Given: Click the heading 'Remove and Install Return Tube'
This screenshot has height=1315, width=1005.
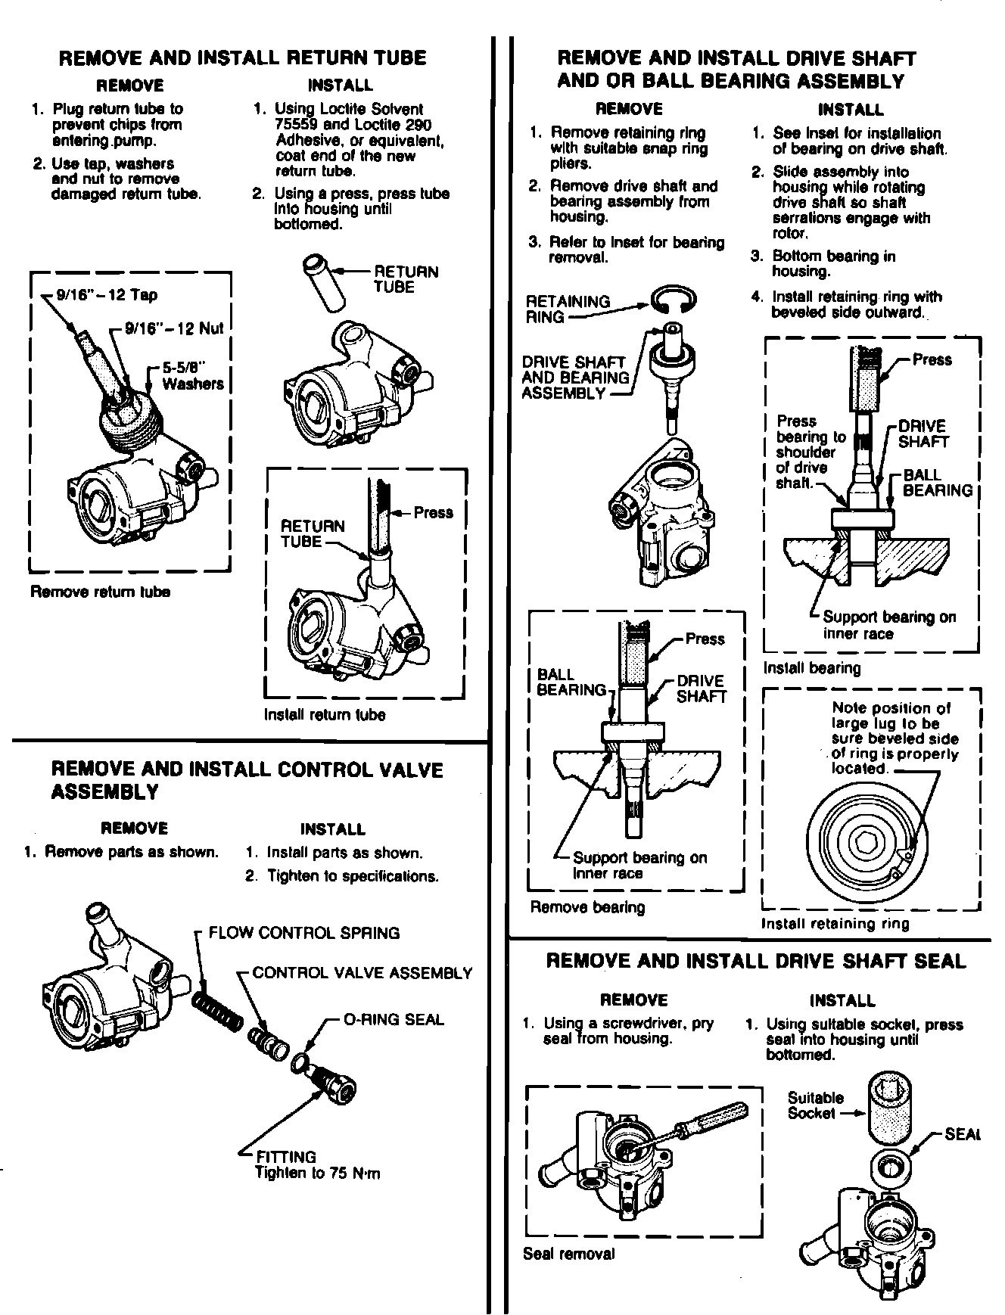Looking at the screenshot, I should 242,58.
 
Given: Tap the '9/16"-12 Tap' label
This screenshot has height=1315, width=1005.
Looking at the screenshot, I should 107,295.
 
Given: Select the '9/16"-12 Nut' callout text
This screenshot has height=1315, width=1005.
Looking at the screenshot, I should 173,328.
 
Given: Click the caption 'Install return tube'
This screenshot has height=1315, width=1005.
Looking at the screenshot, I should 324,714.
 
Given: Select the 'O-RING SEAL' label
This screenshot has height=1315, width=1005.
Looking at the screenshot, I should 394,1019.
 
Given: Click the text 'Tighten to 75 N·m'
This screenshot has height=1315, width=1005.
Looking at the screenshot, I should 317,1174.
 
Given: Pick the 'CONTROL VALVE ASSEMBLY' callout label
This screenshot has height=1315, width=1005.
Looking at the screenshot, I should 362,973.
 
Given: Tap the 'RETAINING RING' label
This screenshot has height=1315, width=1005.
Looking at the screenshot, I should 567,309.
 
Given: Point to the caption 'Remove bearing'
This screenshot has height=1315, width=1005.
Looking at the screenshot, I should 587,907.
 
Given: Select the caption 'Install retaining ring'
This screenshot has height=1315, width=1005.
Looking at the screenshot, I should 835,923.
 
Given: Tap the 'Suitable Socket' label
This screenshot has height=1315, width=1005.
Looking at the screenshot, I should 815,1105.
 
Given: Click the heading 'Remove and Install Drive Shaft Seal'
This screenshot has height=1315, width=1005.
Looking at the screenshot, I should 755,962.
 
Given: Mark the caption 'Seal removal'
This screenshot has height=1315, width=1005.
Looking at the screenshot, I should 568,1254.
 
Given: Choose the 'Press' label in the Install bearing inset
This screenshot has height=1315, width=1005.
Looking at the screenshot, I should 932,360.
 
